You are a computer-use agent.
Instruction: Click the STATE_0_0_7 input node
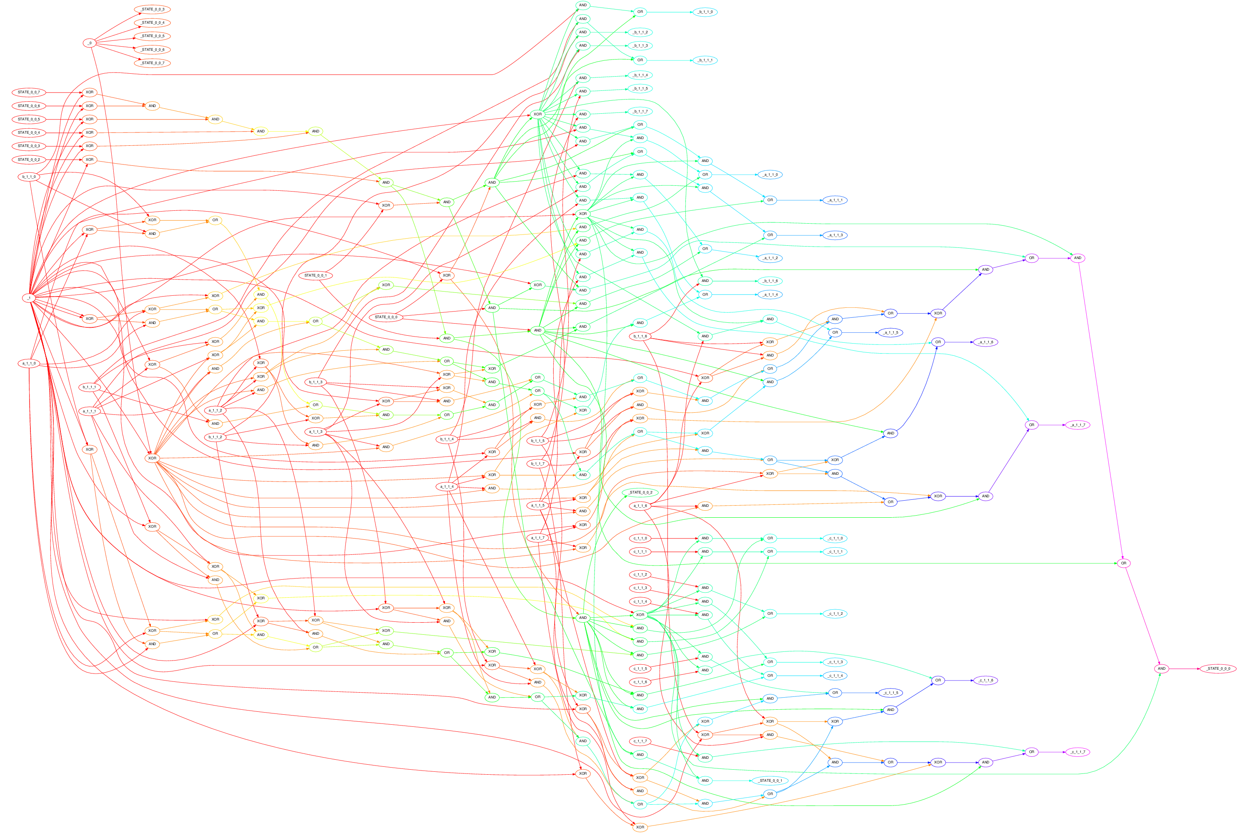pos(29,92)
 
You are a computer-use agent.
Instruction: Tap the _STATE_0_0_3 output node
pos(152,10)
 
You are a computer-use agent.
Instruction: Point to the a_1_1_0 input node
pos(29,363)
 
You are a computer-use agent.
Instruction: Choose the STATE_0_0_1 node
pos(316,275)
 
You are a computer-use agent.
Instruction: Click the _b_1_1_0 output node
pos(705,12)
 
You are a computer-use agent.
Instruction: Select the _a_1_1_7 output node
pos(1078,425)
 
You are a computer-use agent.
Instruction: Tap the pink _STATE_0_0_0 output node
pos(1218,668)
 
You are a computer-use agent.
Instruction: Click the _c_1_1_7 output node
pos(1078,752)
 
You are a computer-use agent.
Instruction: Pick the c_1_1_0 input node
pos(640,538)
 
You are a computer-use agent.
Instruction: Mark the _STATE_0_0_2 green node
pos(640,492)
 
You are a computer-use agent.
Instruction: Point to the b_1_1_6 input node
pos(640,336)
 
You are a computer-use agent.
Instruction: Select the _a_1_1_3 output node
pos(835,235)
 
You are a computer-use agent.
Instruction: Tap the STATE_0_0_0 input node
pos(386,317)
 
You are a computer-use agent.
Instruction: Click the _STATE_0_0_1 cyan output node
pos(770,781)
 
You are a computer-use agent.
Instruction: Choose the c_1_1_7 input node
pos(640,741)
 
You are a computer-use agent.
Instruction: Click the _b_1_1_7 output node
pos(640,112)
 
